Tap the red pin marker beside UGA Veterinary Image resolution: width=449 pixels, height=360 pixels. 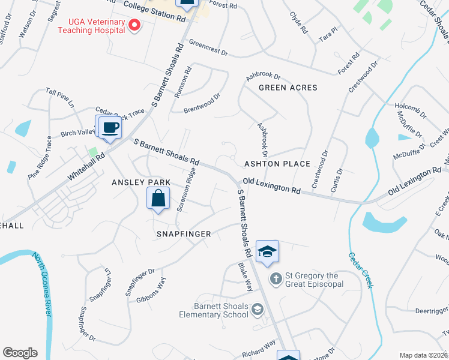[134, 25]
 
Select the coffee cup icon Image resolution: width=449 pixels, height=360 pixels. [110, 128]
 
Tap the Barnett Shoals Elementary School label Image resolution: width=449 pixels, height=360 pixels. [213, 310]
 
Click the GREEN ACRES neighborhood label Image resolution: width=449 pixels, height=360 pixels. [288, 88]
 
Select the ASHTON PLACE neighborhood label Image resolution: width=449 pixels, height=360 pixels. [277, 164]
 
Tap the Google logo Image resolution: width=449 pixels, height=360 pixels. [20, 353]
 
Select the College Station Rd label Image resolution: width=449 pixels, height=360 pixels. [155, 11]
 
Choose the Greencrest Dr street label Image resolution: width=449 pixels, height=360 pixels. [208, 49]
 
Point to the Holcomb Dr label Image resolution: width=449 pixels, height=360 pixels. [411, 110]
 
